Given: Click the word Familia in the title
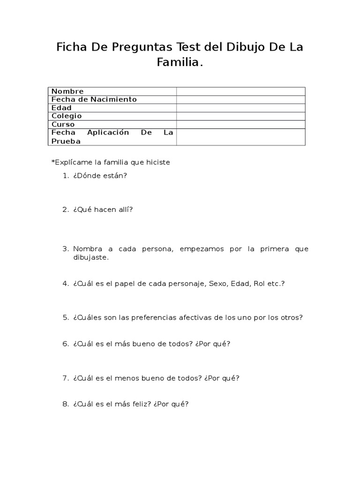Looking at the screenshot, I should pos(180,62).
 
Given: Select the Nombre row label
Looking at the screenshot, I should pos(67,91).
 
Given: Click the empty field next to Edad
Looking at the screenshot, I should pos(240,108).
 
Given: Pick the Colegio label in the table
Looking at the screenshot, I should pos(67,116).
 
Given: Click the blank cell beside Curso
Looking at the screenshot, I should pos(240,124).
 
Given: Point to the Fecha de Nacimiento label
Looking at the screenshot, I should pos(94,99).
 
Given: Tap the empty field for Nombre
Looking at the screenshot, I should pos(240,91).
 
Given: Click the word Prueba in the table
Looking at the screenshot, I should pos(66,141).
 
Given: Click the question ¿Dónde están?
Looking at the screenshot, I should pos(100,176).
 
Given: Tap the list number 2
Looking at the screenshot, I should pos(65,210).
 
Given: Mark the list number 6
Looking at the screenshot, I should pos(65,344).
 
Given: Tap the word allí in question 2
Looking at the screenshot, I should pos(125,210).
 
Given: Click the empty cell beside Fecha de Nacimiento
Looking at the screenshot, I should pos(240,99).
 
